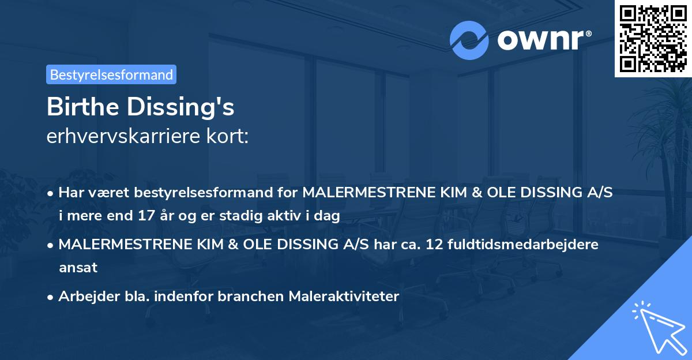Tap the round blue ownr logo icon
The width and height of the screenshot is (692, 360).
pos(469,40)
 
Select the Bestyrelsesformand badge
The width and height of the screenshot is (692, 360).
pos(111,74)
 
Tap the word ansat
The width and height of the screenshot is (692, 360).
pos(78,268)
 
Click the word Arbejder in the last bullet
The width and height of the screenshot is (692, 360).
pos(83,297)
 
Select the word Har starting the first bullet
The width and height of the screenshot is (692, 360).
pos(70,193)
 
